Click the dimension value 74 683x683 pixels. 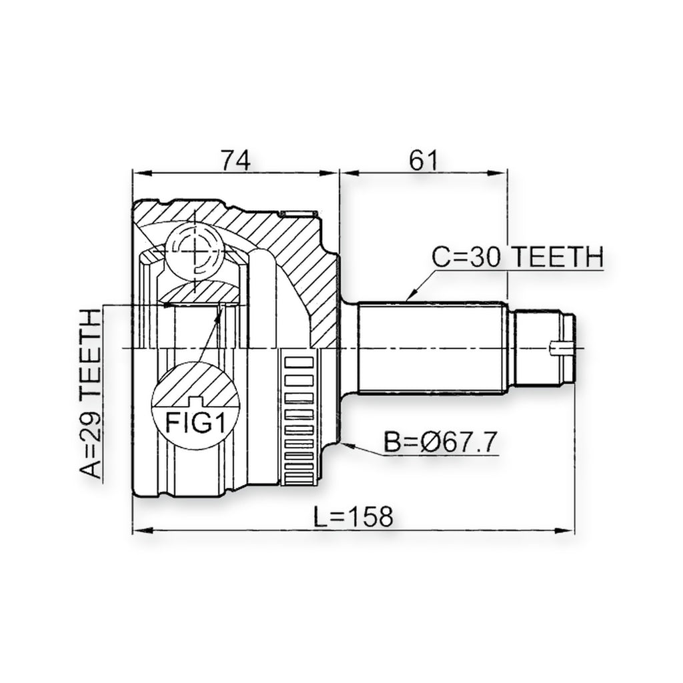click(x=235, y=160)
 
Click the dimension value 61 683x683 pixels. click(x=423, y=160)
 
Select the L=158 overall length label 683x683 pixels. click(x=354, y=516)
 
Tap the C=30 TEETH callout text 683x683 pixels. click(x=517, y=257)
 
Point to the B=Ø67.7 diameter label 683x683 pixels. click(x=440, y=442)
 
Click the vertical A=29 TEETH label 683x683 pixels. click(x=91, y=394)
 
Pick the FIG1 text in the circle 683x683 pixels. click(x=195, y=422)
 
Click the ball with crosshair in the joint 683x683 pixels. click(x=195, y=251)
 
